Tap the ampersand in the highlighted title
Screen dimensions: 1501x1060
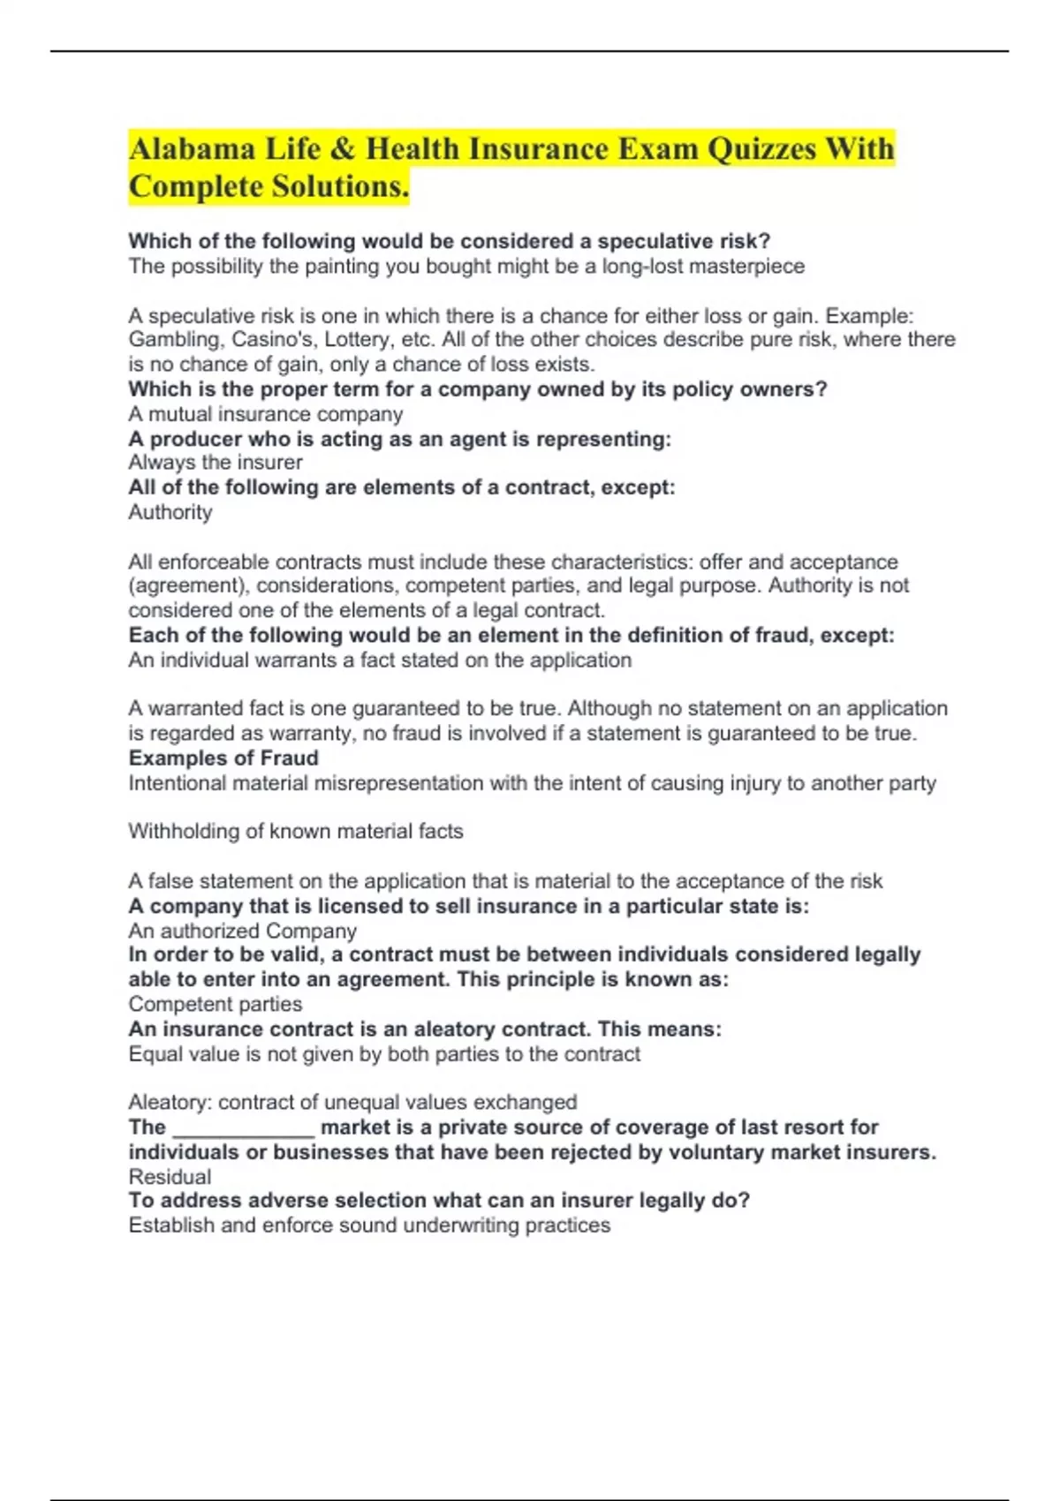pyautogui.click(x=342, y=148)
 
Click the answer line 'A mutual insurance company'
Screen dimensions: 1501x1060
pyautogui.click(x=266, y=414)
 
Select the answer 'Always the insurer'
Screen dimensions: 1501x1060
pyautogui.click(x=216, y=463)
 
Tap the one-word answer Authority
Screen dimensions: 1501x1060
pyautogui.click(x=170, y=512)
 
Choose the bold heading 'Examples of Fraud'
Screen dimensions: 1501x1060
pyautogui.click(x=223, y=758)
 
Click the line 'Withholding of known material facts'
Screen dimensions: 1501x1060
pyautogui.click(x=296, y=832)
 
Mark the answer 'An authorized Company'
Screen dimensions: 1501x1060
pyautogui.click(x=243, y=931)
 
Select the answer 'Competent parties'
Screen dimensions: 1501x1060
pyautogui.click(x=216, y=1004)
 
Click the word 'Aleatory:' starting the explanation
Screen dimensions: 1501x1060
pyautogui.click(x=170, y=1103)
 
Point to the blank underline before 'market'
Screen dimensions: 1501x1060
pyautogui.click(x=244, y=1128)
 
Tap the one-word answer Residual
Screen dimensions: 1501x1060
pyautogui.click(x=170, y=1177)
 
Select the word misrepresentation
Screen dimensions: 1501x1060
pyautogui.click(x=398, y=783)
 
